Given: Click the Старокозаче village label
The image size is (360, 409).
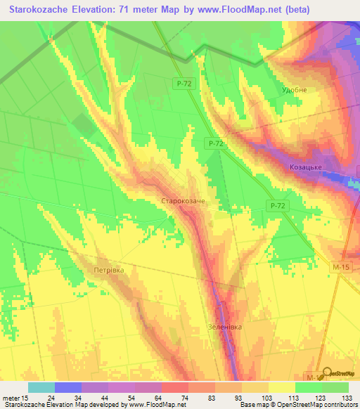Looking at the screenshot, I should (183, 201).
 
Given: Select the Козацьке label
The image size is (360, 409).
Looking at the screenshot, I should (306, 167).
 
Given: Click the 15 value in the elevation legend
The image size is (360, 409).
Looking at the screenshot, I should (26, 398).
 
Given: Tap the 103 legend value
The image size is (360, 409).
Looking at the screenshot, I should (266, 398).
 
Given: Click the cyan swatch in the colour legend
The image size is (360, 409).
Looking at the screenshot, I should (41, 387).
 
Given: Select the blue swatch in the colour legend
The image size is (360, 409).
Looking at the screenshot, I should (68, 387).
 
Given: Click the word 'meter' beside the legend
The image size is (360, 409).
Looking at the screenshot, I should (11, 398).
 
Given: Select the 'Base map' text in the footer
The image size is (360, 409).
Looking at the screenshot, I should (252, 405).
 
